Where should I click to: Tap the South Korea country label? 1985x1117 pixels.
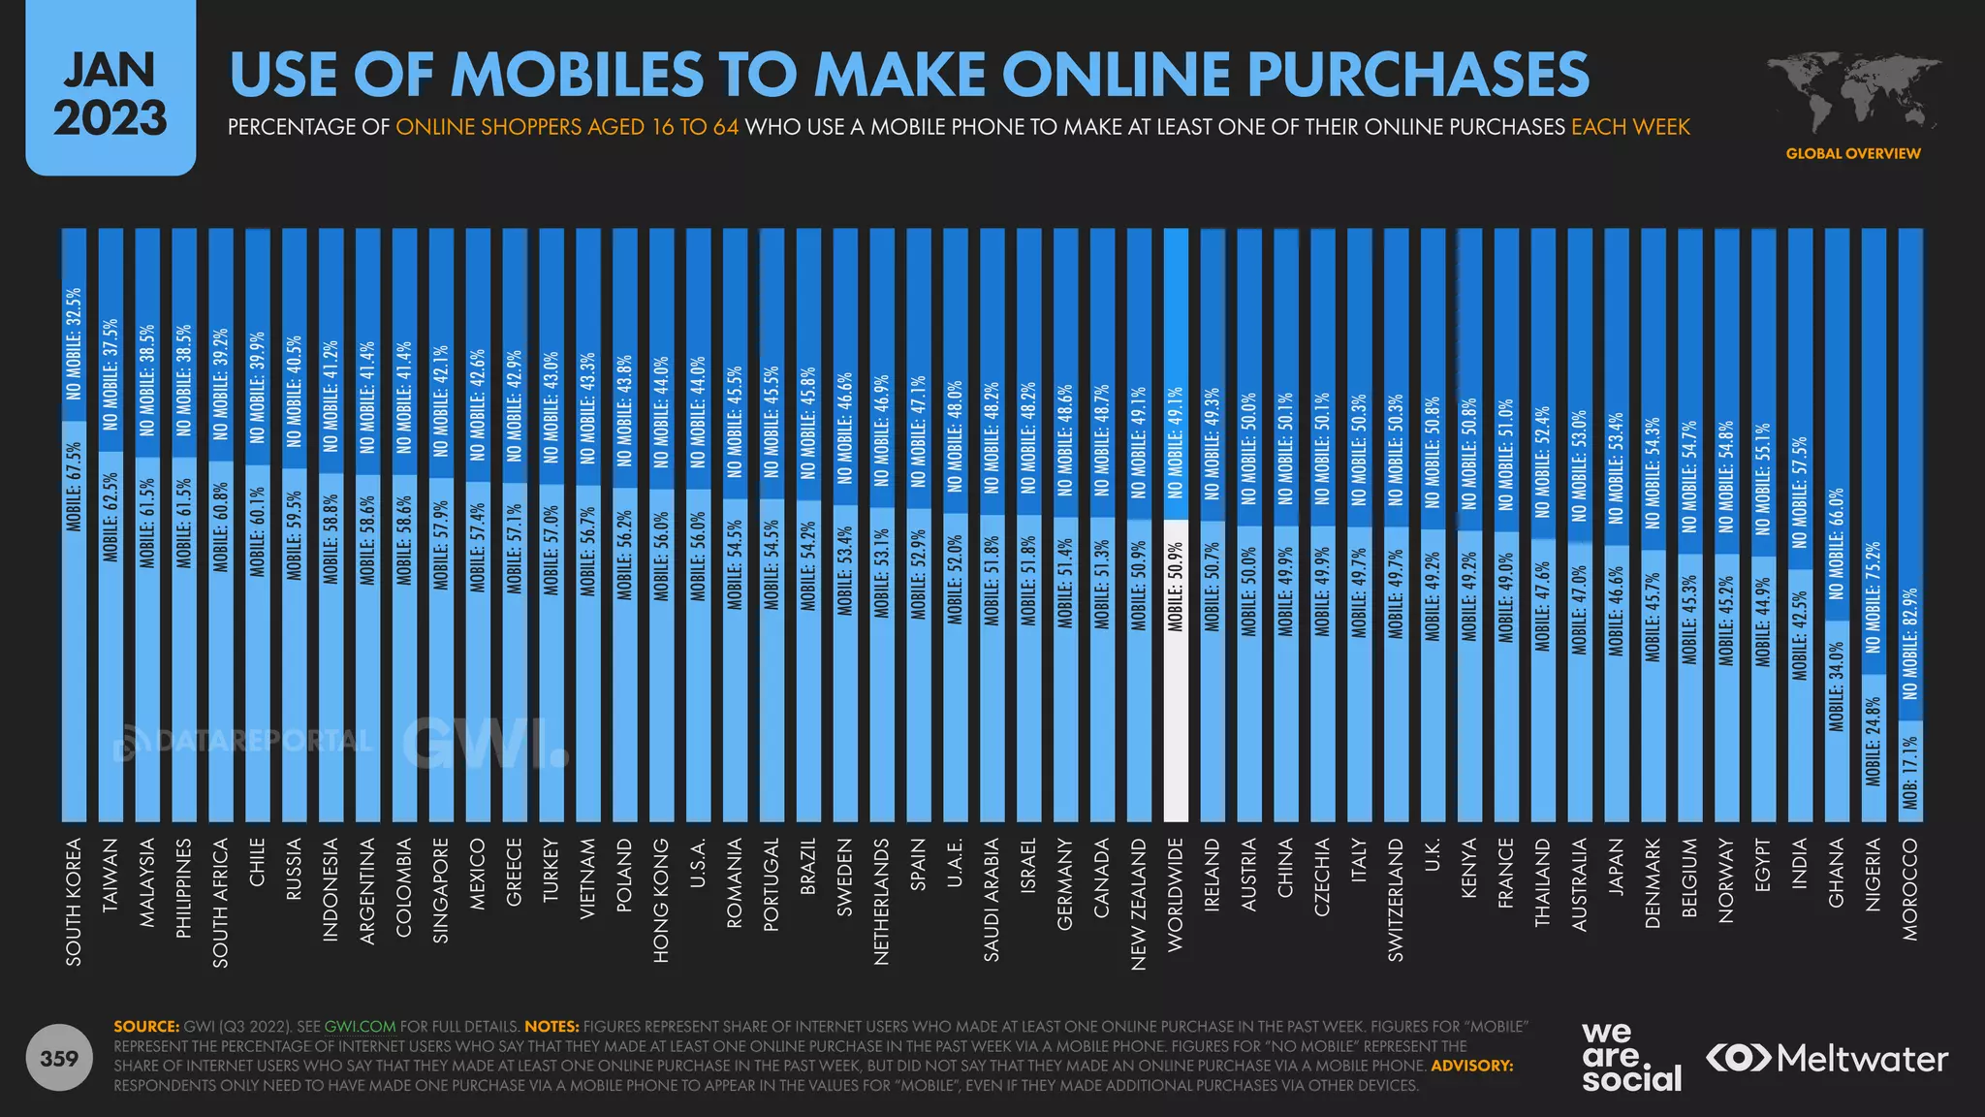pyautogui.click(x=74, y=902)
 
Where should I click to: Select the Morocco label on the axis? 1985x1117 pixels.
pyautogui.click(x=1909, y=889)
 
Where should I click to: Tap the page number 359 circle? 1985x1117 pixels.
pyautogui.click(x=59, y=1058)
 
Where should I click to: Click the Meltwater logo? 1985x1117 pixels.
pyautogui.click(x=1826, y=1058)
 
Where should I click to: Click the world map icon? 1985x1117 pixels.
pyautogui.click(x=1851, y=92)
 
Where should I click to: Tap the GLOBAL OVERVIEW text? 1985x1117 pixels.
pyautogui.click(x=1852, y=153)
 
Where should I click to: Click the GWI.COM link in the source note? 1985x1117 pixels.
pyautogui.click(x=360, y=1026)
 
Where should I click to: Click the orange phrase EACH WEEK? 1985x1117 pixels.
pyautogui.click(x=1630, y=127)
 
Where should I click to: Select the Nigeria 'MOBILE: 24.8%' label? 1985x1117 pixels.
pyautogui.click(x=1873, y=741)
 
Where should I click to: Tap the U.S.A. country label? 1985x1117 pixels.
pyautogui.click(x=697, y=864)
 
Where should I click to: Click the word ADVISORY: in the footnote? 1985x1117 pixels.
pyautogui.click(x=1471, y=1066)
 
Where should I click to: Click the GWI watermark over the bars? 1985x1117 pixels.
pyautogui.click(x=485, y=744)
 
